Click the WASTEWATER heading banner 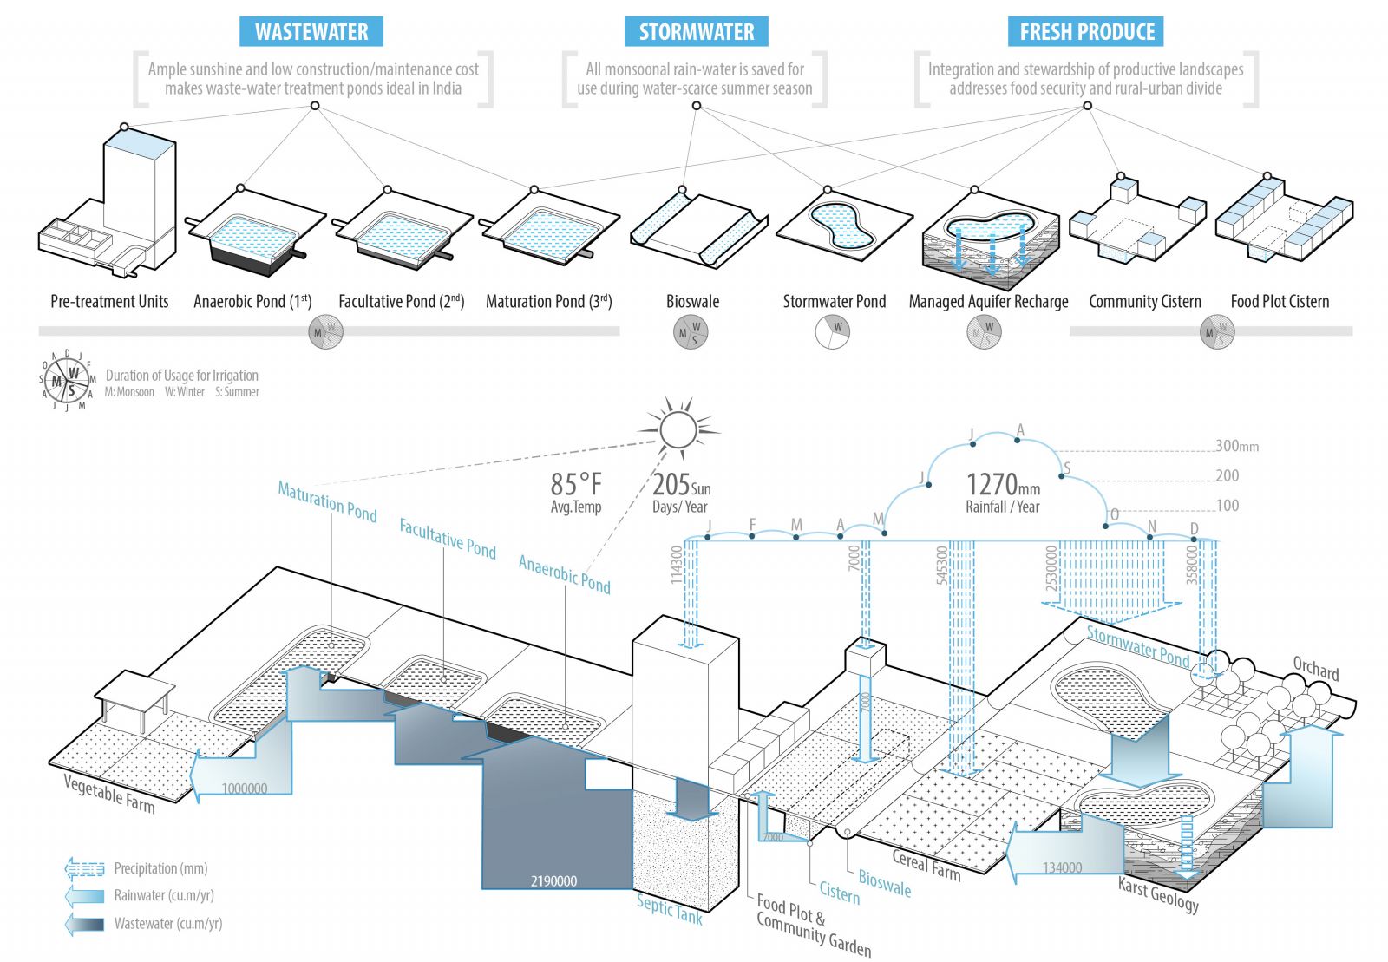pyautogui.click(x=311, y=32)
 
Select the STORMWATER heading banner pyautogui.click(x=697, y=32)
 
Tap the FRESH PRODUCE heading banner pyautogui.click(x=1086, y=32)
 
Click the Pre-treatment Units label pyautogui.click(x=109, y=302)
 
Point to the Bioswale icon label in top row pyautogui.click(x=692, y=302)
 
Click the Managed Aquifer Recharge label pyautogui.click(x=988, y=302)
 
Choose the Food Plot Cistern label pyautogui.click(x=1280, y=302)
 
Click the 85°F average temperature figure pyautogui.click(x=576, y=484)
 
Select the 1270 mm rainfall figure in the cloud pyautogui.click(x=1002, y=484)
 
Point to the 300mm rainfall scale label pyautogui.click(x=1236, y=446)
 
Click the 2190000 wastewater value pyautogui.click(x=553, y=881)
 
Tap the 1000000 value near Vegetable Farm pyautogui.click(x=245, y=789)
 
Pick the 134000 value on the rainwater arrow pyautogui.click(x=1062, y=867)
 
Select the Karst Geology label pyautogui.click(x=1158, y=894)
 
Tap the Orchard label pyautogui.click(x=1315, y=668)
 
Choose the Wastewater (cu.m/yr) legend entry pyautogui.click(x=167, y=924)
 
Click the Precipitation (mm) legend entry pyautogui.click(x=160, y=868)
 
